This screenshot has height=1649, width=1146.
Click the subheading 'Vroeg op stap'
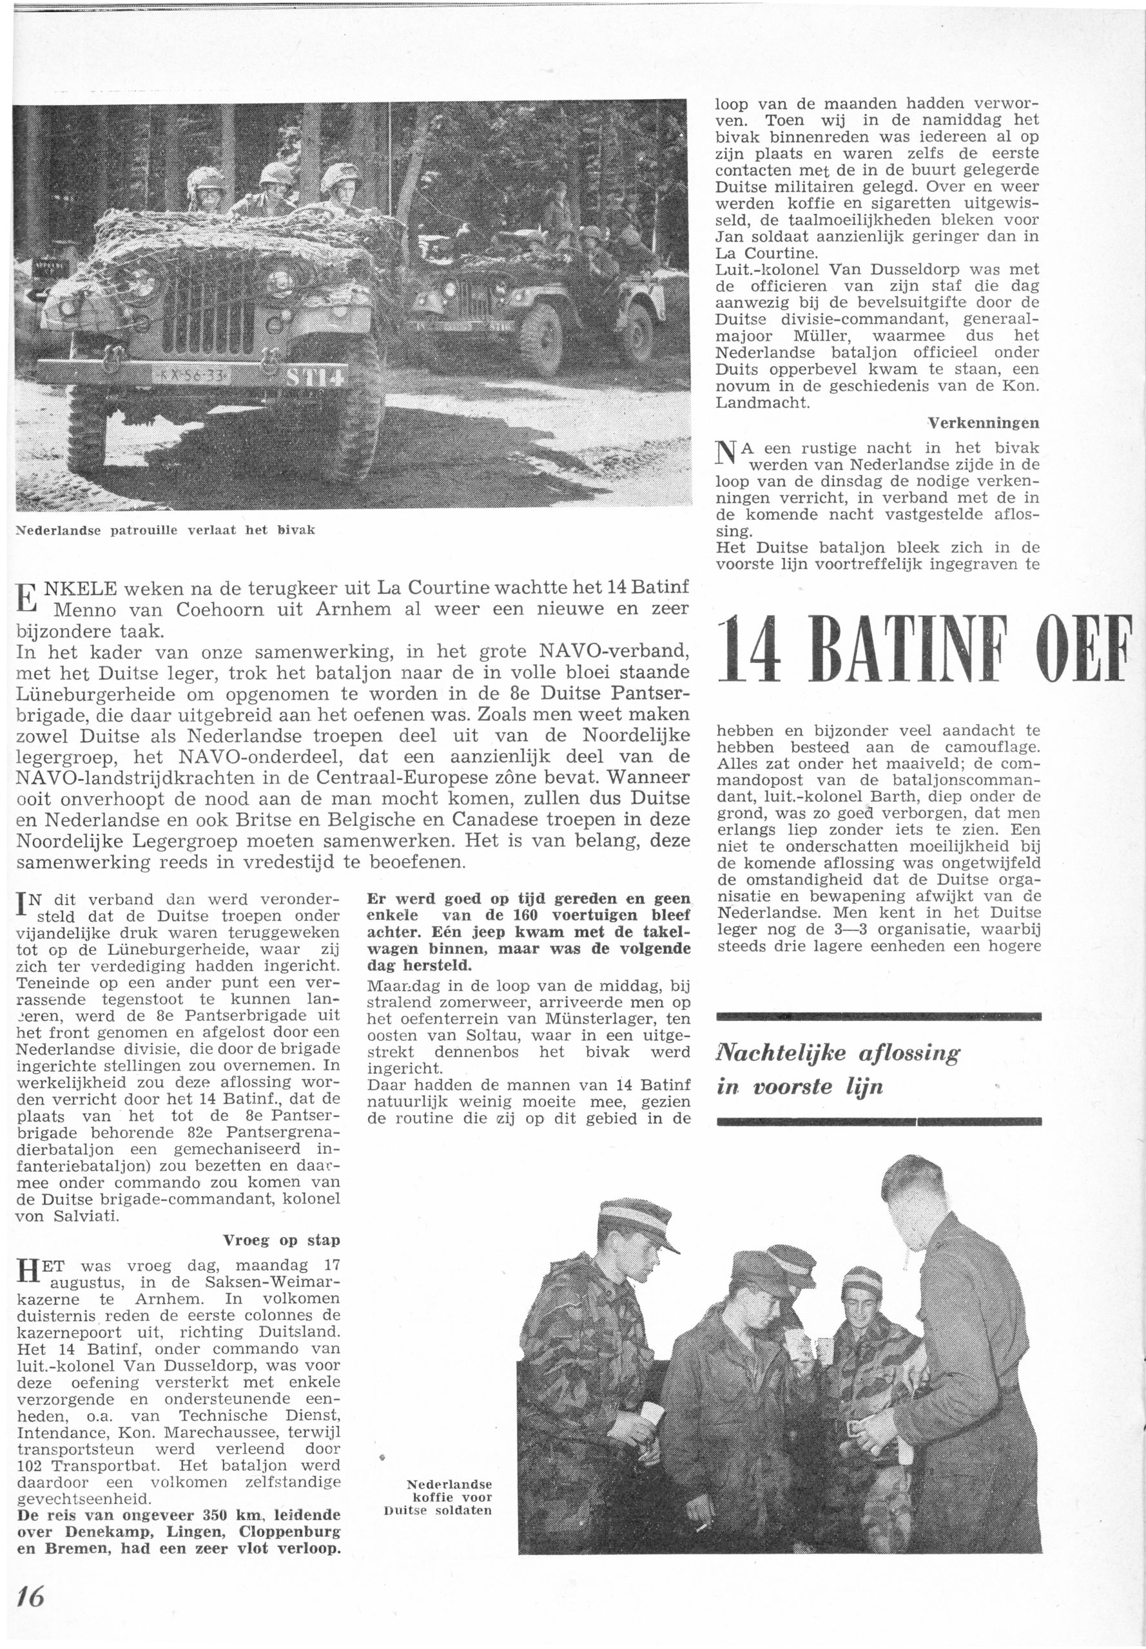point(281,1240)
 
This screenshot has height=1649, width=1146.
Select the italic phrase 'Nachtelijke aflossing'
point(838,1053)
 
